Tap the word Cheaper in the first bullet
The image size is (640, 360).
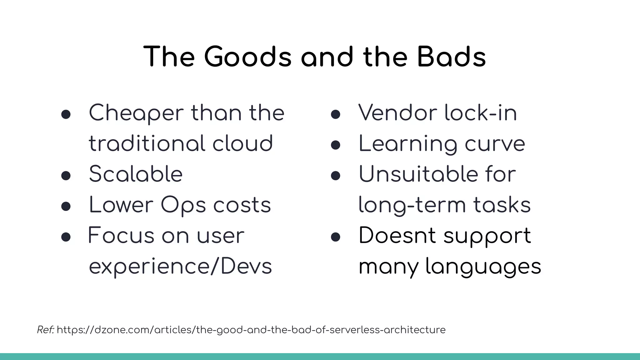click(136, 113)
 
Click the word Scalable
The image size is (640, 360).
click(136, 174)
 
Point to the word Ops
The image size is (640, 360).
click(183, 206)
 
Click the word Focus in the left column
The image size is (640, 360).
click(121, 236)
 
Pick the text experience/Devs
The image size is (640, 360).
click(180, 267)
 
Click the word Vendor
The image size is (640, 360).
click(397, 113)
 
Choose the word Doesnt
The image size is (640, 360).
click(397, 236)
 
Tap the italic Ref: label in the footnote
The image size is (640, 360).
click(46, 330)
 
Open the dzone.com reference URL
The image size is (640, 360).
click(251, 330)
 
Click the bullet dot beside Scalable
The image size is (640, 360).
click(66, 176)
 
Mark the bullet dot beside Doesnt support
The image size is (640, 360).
click(335, 237)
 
